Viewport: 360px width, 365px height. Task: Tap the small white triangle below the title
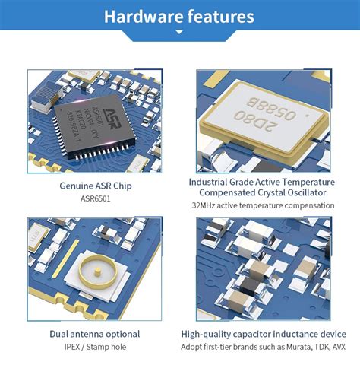[180, 32]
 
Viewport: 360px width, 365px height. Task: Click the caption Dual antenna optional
[95, 334]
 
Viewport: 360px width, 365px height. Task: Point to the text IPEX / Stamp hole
[95, 347]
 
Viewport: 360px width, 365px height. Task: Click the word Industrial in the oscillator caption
[213, 182]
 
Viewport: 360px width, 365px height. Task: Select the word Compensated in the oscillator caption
[228, 193]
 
